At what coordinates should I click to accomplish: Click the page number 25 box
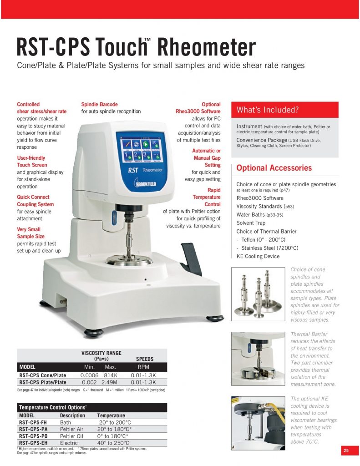click(346, 451)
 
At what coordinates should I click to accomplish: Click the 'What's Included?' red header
click(285, 110)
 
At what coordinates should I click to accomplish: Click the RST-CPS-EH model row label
click(35, 443)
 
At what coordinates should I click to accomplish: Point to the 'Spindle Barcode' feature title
click(99, 104)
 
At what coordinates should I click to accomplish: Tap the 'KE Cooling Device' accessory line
click(258, 256)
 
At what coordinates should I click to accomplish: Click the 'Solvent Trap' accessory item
click(251, 223)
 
